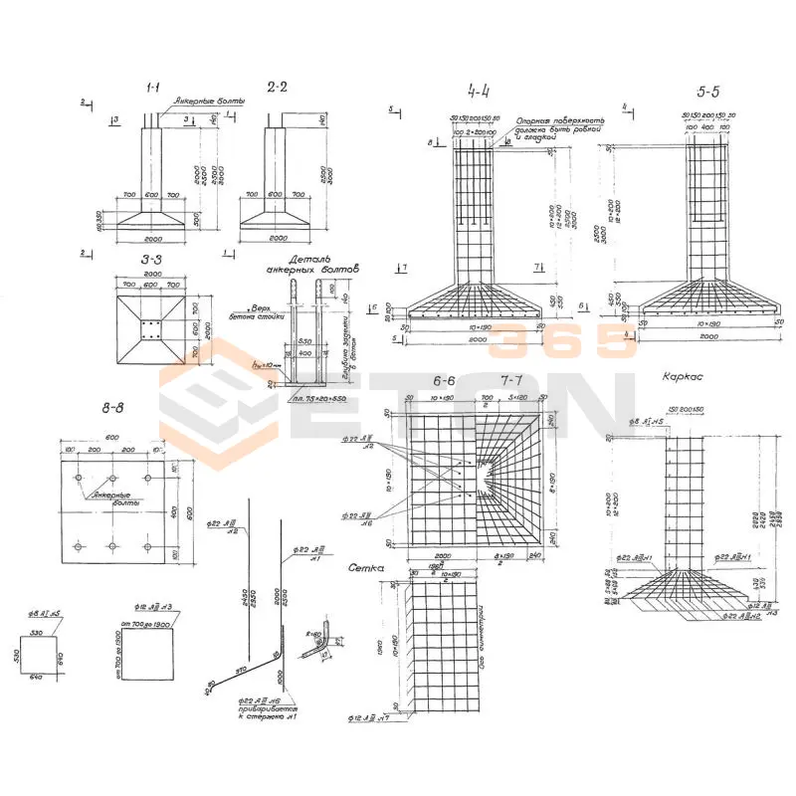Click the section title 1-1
pos(154,89)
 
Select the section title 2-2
pos(277,88)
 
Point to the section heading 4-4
pos(479,93)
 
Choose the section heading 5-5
pos(708,93)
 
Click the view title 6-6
pos(444,382)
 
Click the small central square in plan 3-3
pos(152,329)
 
